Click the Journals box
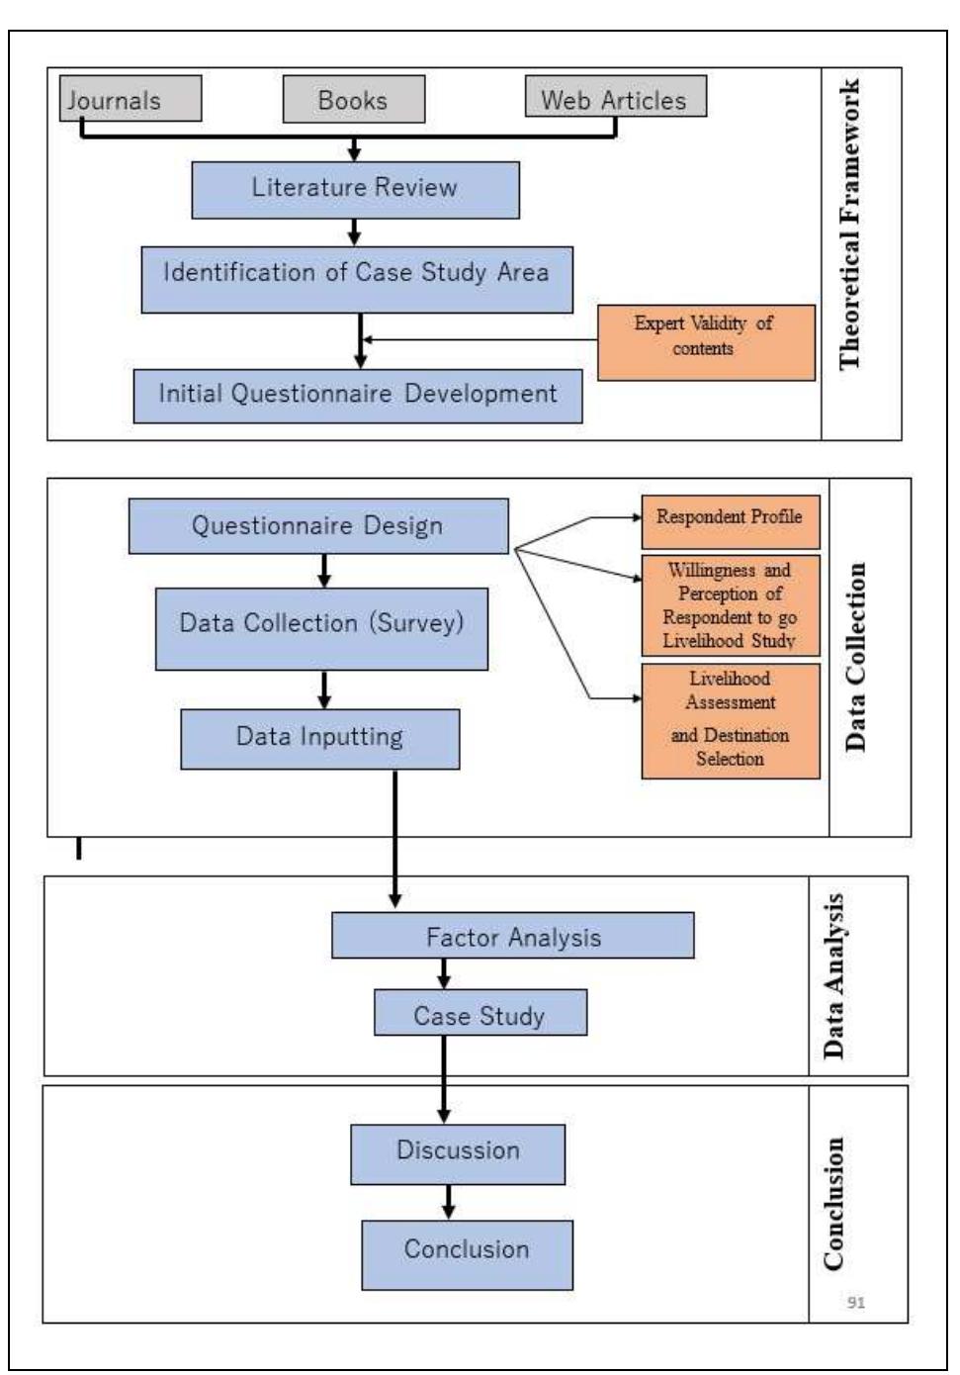coord(130,99)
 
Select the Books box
coord(353,100)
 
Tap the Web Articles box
coord(615,99)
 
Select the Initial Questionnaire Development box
coord(357,396)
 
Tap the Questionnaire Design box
coord(317,526)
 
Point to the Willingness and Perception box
coord(730,605)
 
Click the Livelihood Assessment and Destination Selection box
coord(730,720)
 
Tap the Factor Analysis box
coord(512,936)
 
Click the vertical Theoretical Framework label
coord(849,226)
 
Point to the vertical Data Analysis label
coord(835,975)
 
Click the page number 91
coord(856,1303)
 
